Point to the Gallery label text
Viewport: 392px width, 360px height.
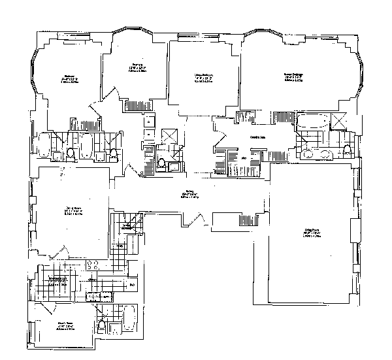coord(189,196)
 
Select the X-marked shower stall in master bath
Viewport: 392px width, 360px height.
coord(340,121)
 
